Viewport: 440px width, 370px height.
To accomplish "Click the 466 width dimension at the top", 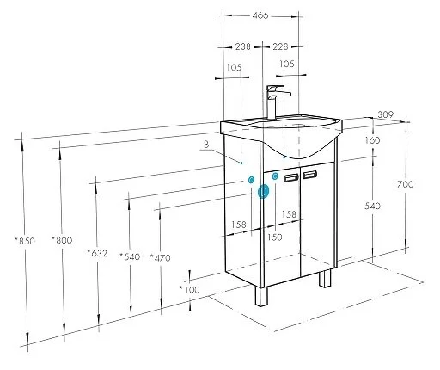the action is pyautogui.click(x=260, y=15).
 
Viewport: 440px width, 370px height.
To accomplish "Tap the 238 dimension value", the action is pyautogui.click(x=243, y=46).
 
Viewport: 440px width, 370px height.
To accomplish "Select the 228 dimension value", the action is pyautogui.click(x=280, y=46).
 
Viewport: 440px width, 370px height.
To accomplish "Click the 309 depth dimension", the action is pyautogui.click(x=386, y=114).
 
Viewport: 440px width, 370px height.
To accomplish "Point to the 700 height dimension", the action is pyautogui.click(x=406, y=184).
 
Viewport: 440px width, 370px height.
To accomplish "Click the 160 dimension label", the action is pyautogui.click(x=372, y=140).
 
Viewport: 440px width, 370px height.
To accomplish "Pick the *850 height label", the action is pyautogui.click(x=25, y=240).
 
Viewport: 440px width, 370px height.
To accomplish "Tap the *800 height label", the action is pyautogui.click(x=62, y=239).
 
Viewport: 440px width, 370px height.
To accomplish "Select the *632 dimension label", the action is pyautogui.click(x=97, y=253).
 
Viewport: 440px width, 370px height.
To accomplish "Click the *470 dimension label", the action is pyautogui.click(x=161, y=257).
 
